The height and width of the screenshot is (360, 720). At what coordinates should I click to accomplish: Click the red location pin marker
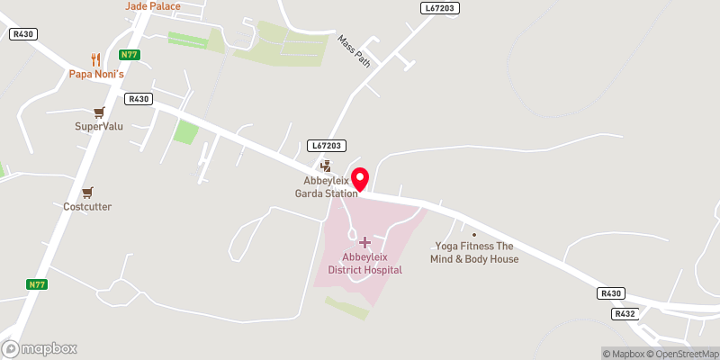click(360, 179)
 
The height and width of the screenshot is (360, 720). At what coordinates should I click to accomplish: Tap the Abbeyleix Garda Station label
click(330, 184)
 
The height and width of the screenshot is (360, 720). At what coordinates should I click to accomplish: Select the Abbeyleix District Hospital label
click(364, 263)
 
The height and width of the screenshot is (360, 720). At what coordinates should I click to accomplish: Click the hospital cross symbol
click(364, 242)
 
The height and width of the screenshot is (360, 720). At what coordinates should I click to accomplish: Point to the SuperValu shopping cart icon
click(99, 112)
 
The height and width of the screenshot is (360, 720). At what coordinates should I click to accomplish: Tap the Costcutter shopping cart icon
click(87, 192)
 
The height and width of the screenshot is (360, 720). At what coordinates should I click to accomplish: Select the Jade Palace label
click(152, 6)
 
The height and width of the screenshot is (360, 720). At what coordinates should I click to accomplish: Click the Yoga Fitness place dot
click(474, 235)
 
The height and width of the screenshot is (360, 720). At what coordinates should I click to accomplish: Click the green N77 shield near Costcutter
click(36, 284)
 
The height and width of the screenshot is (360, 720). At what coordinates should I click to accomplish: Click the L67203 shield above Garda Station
click(327, 145)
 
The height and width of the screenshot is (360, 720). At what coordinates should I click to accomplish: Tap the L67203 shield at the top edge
click(439, 7)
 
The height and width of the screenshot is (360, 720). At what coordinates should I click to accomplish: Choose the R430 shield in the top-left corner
click(22, 33)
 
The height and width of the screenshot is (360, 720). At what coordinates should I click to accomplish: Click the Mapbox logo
click(40, 348)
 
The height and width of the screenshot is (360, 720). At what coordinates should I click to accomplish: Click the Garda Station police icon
click(326, 166)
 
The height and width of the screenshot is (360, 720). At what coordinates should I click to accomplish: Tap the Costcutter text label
click(87, 206)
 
